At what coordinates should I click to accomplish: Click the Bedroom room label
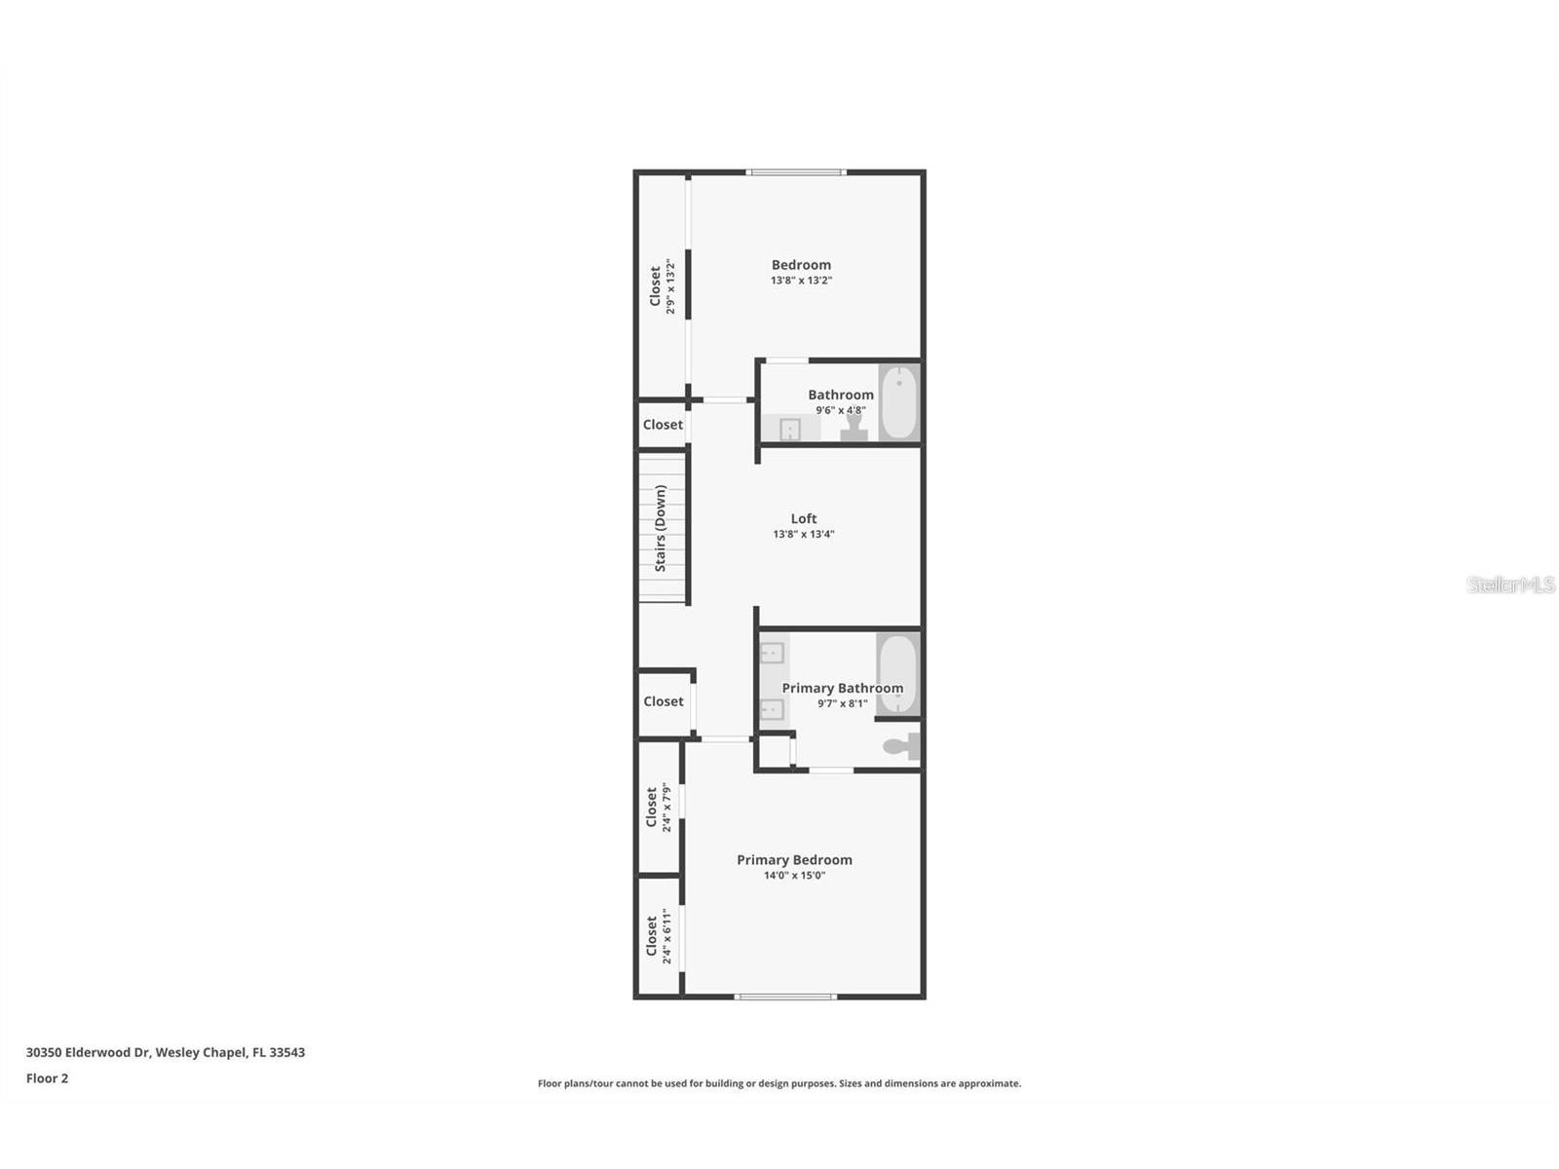(801, 265)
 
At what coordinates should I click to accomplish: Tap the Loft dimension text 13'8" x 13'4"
(804, 534)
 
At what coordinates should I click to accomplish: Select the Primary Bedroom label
(794, 859)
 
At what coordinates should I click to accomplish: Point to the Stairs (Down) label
(661, 528)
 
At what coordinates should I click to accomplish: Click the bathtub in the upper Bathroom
(899, 402)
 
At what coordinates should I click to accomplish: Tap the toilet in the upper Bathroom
(855, 428)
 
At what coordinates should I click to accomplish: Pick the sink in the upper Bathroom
(789, 429)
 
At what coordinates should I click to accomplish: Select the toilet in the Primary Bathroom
(900, 747)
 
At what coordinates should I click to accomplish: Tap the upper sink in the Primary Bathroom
(773, 652)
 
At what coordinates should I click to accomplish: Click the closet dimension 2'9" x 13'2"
(670, 286)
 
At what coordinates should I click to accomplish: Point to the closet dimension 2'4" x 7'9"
(666, 808)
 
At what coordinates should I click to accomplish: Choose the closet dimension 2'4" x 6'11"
(666, 936)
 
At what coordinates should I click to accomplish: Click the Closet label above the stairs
(663, 425)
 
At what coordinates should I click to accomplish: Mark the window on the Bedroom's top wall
(796, 173)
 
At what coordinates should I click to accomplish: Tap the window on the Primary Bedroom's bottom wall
(785, 997)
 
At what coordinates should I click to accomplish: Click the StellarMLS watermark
(1511, 584)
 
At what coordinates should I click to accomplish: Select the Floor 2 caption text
(47, 1078)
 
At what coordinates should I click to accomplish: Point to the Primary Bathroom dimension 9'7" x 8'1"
(842, 703)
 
